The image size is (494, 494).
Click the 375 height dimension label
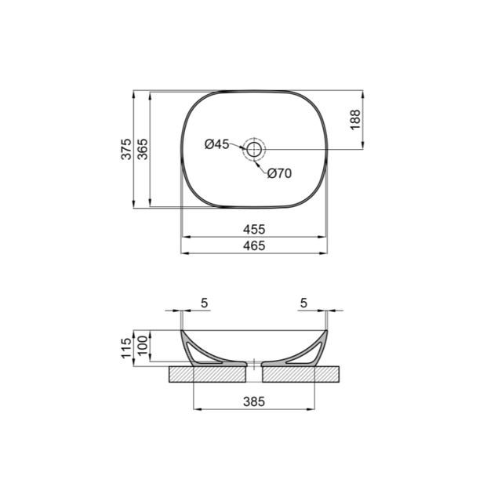tap(126, 149)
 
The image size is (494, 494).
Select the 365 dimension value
tap(143, 149)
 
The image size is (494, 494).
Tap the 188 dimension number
tap(355, 119)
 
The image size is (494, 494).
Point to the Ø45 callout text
tap(216, 144)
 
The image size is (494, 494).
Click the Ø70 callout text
tap(279, 173)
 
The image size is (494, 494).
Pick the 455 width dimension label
tap(254, 229)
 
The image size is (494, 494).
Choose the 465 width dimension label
tap(254, 245)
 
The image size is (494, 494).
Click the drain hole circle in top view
tap(254, 149)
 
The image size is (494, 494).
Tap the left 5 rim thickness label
tap(205, 303)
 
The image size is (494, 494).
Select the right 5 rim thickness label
tap(303, 303)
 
